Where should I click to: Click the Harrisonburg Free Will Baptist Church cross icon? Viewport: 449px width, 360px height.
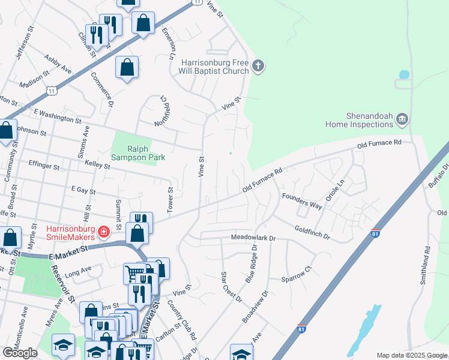click(x=258, y=65)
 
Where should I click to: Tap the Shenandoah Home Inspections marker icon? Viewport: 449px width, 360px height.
click(x=402, y=119)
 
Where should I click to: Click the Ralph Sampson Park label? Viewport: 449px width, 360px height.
click(x=138, y=154)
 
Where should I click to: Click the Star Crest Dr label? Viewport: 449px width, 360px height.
click(x=231, y=287)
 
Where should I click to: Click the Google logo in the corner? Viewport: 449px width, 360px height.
click(x=20, y=353)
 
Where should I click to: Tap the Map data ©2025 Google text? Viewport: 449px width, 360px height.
click(x=412, y=355)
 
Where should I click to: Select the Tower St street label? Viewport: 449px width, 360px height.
click(x=170, y=200)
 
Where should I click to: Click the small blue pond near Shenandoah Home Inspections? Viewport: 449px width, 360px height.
click(x=404, y=75)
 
